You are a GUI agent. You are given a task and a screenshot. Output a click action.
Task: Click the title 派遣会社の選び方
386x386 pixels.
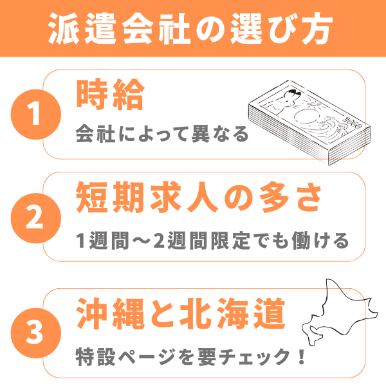pos(190,28)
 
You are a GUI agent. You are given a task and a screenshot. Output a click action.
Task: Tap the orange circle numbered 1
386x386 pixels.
pos(35,115)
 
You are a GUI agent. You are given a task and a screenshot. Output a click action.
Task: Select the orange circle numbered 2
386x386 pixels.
pos(35,218)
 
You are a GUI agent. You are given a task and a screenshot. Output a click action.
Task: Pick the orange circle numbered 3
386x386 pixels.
pos(35,333)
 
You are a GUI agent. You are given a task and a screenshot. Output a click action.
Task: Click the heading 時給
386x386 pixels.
pos(110,95)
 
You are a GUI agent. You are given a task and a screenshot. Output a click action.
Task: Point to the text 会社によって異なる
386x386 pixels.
pos(162,134)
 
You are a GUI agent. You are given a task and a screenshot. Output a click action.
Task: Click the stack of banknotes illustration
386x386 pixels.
pos(309,122)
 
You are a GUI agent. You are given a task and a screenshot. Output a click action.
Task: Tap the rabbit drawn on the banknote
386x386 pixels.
pos(287,102)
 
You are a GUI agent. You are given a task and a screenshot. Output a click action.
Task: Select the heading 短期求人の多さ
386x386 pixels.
pos(199,198)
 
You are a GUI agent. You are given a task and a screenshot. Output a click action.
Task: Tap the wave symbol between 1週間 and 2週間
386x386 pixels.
pos(142,241)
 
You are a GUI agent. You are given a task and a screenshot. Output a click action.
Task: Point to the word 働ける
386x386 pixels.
pos(320,241)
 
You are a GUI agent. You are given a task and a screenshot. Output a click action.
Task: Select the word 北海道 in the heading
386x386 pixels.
pos(232,313)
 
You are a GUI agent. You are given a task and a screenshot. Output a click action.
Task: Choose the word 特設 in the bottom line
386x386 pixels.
pos(95,357)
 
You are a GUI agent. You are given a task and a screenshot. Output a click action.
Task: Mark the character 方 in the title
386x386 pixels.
pos(317,28)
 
